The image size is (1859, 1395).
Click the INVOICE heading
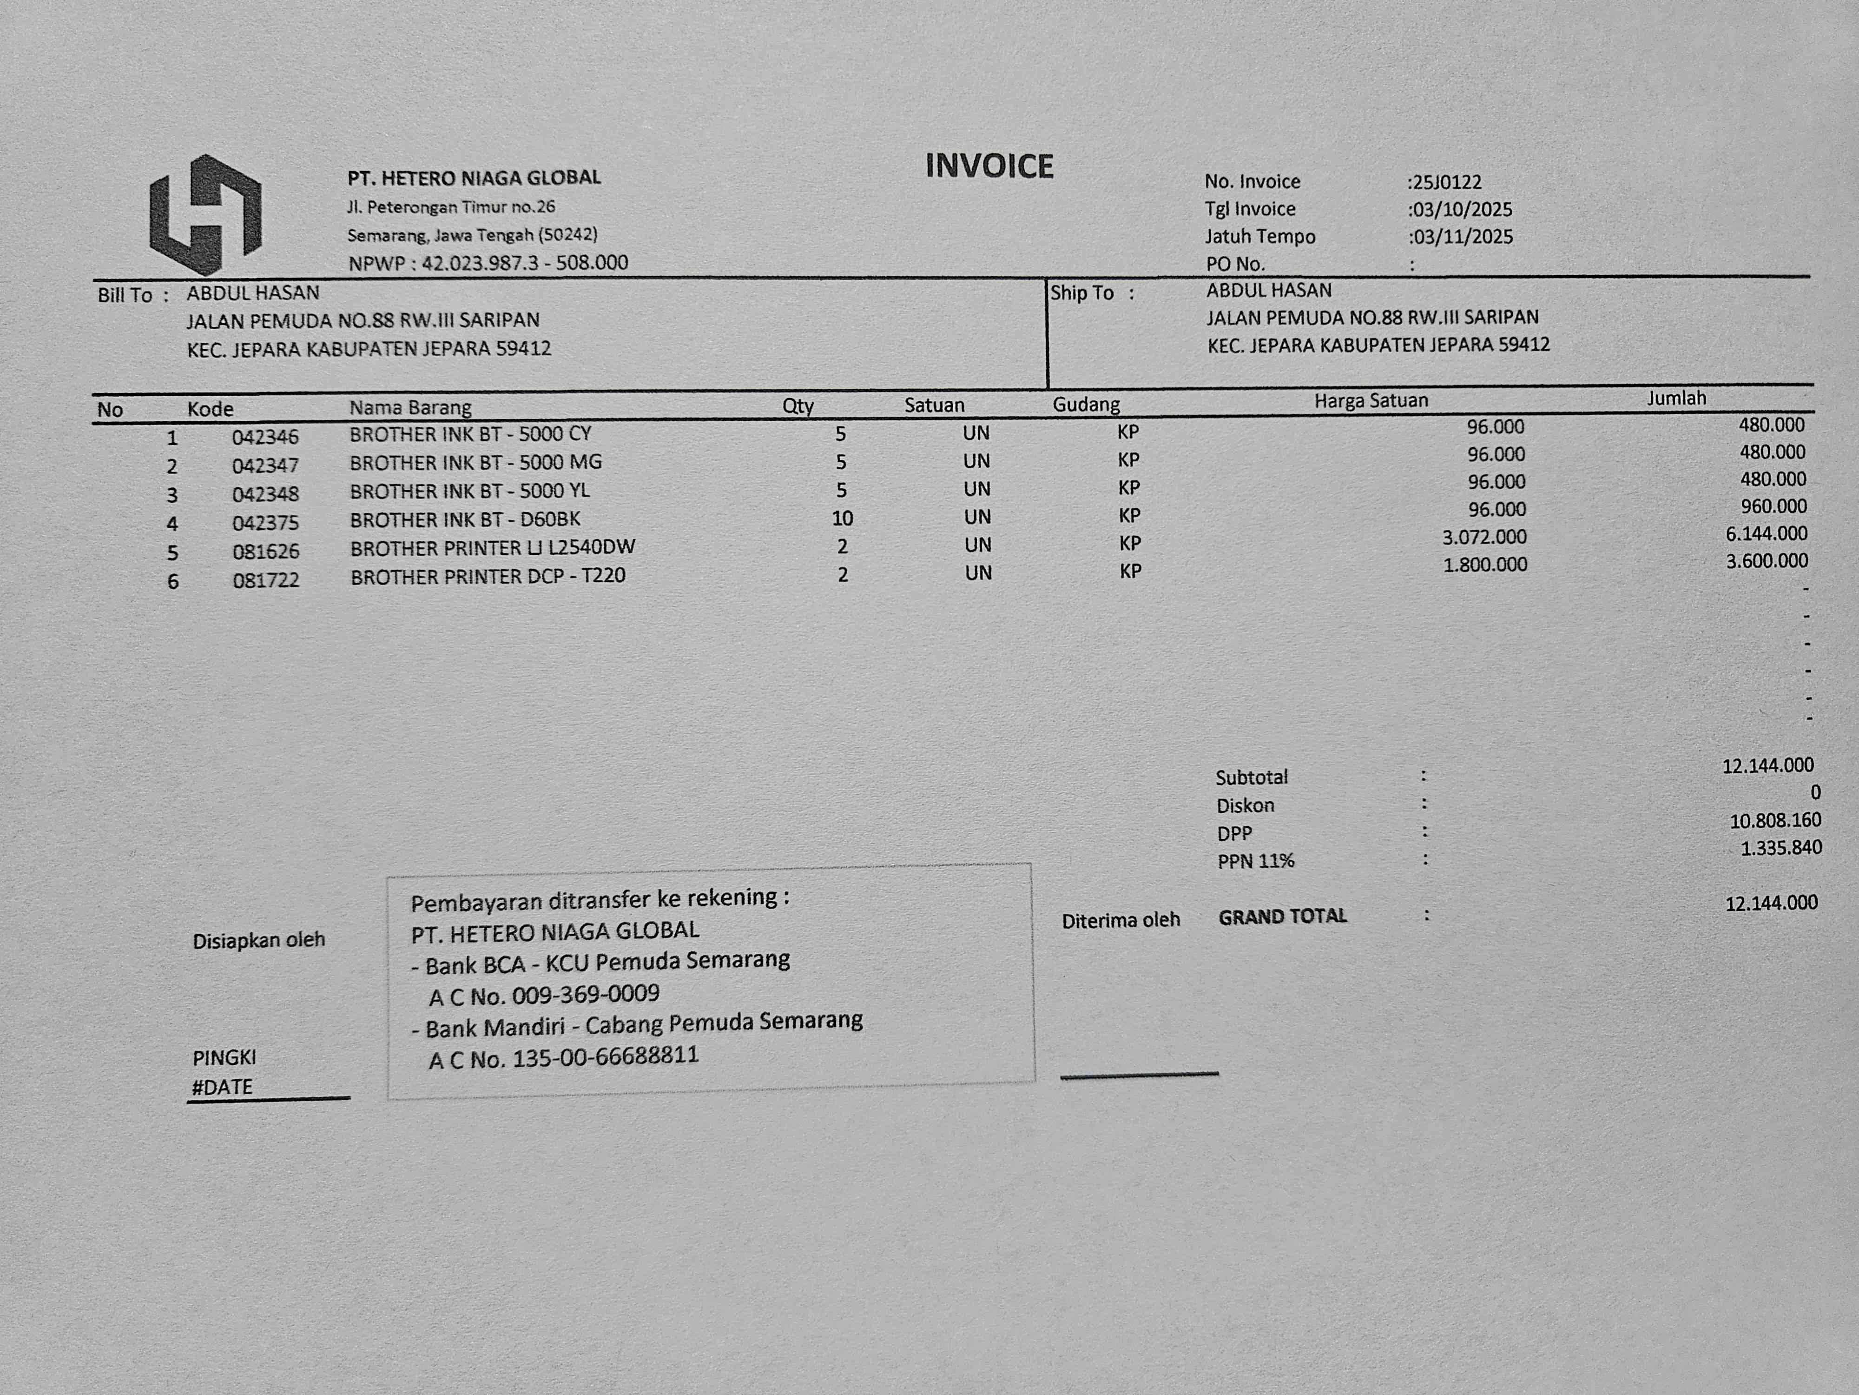[989, 166]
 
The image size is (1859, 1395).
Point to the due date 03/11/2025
[1462, 236]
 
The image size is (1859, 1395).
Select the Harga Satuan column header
[1371, 401]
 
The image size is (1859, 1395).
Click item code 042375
[265, 523]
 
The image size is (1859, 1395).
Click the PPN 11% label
[1256, 861]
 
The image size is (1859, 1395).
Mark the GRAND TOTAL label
[1282, 917]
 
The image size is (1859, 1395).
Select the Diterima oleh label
[1120, 921]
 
